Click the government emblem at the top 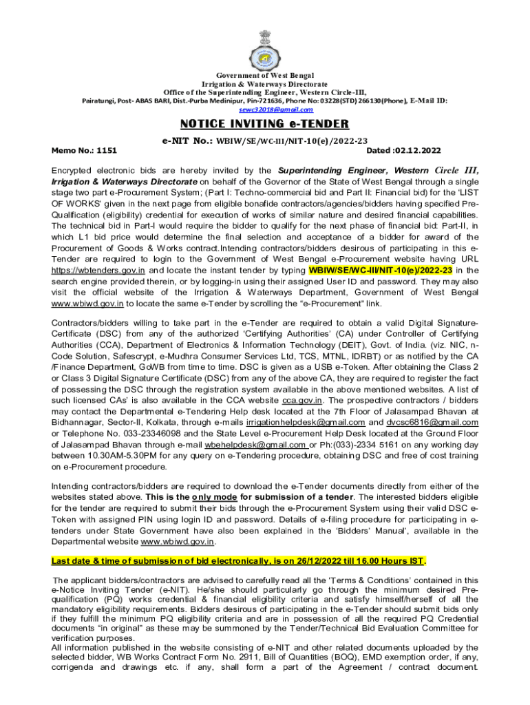(265, 46)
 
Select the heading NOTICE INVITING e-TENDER (265, 125)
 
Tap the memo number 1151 (107, 149)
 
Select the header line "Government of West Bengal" (265, 74)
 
